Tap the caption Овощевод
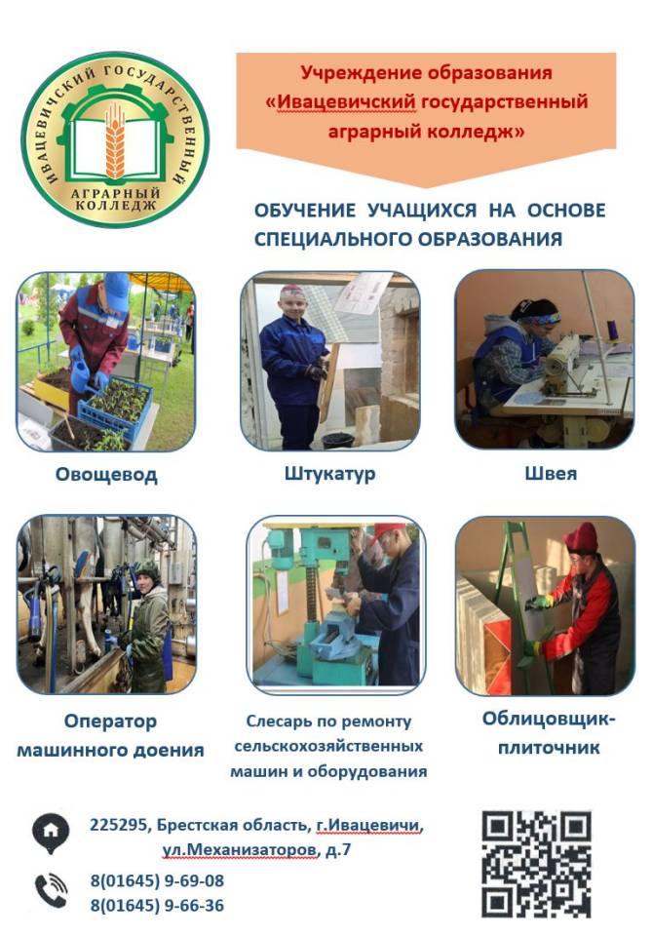[x=107, y=475]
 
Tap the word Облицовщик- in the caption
[x=549, y=720]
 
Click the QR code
[x=536, y=863]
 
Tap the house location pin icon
[x=51, y=832]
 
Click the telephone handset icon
[x=51, y=890]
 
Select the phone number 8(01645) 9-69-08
[x=157, y=881]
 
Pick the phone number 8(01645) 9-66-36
[x=157, y=906]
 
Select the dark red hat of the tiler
[x=581, y=538]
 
